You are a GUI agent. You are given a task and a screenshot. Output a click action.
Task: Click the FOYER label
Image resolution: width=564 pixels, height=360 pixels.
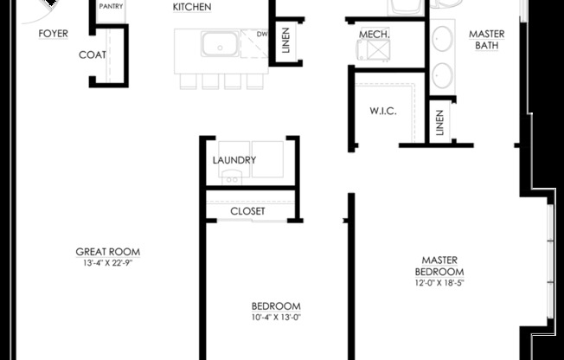tap(53, 34)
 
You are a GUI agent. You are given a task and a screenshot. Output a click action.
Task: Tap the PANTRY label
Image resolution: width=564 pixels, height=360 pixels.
tap(111, 6)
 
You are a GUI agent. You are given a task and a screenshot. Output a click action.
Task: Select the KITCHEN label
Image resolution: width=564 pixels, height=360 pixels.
tap(192, 7)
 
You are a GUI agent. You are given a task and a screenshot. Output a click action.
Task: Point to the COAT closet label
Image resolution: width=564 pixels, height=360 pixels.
tap(92, 55)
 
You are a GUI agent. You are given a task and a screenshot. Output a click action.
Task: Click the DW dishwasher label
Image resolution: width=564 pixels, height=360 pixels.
tap(262, 34)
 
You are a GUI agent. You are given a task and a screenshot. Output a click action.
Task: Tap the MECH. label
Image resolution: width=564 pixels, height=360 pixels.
tap(374, 34)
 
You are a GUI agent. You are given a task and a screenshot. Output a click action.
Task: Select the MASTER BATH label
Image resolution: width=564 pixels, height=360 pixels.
tap(487, 40)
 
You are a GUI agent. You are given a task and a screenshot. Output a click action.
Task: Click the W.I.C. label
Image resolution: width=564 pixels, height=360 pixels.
tap(382, 111)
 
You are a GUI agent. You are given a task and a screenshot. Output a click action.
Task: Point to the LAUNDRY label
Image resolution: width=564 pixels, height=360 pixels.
tap(234, 160)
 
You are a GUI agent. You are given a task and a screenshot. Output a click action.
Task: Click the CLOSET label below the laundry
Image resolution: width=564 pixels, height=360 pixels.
tap(247, 211)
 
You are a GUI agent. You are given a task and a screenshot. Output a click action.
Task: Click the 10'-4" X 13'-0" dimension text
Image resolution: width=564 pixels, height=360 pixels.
tap(276, 318)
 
